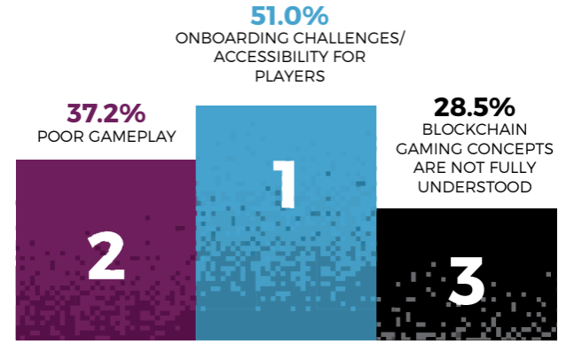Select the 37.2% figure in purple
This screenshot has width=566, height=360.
point(106,114)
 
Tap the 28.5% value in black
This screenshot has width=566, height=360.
point(474,108)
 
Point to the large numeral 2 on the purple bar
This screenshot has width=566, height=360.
point(106,257)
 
